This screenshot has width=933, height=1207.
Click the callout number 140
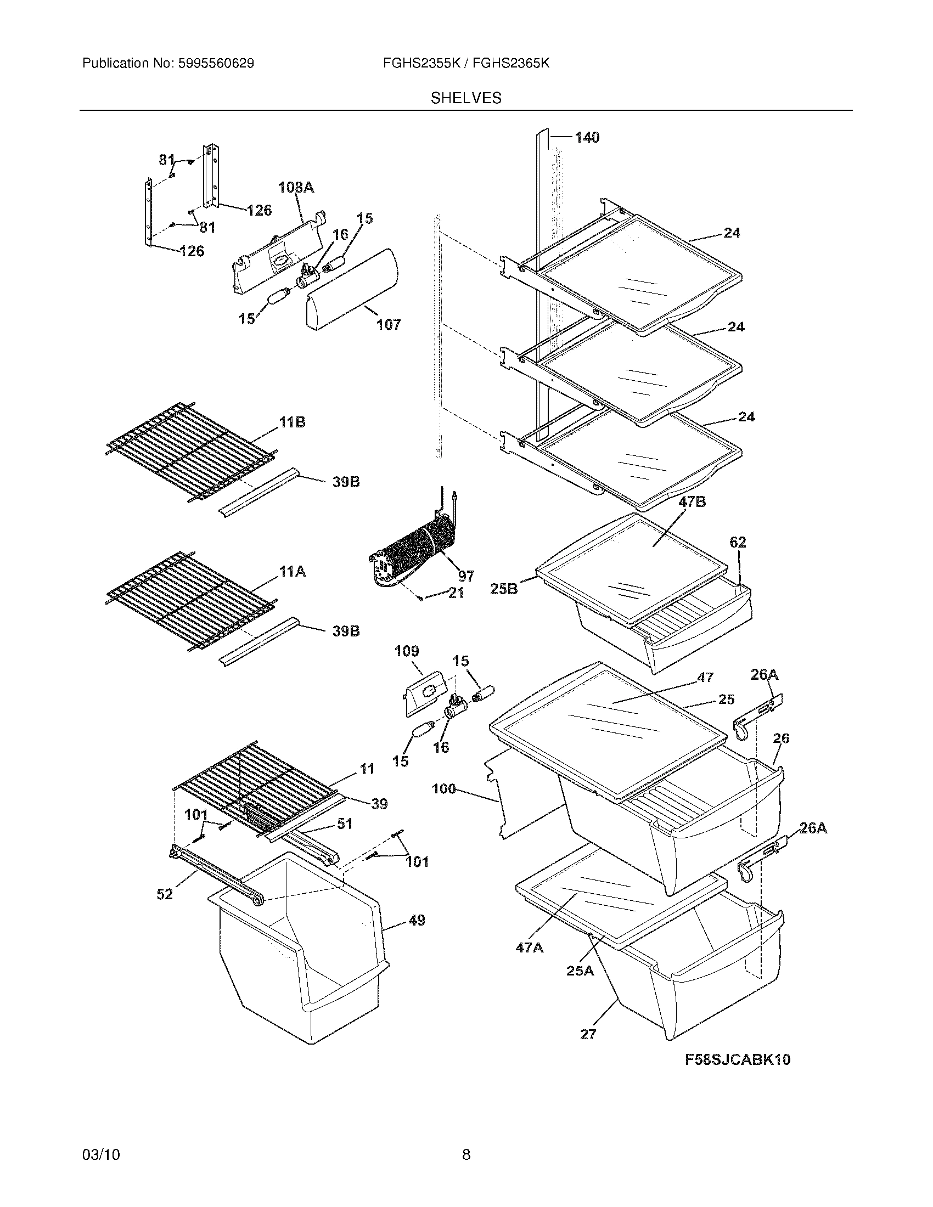pos(587,138)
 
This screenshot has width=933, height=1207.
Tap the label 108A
pos(296,188)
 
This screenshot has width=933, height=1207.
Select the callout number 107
pos(389,325)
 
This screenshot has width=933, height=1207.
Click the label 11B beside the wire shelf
pos(292,423)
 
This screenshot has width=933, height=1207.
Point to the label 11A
pos(292,572)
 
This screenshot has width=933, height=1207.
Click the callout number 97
pos(466,577)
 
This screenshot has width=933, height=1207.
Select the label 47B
pos(692,503)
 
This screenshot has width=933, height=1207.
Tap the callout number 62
pos(737,542)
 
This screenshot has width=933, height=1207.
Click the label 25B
pos(504,589)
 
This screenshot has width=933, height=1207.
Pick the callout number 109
pos(406,651)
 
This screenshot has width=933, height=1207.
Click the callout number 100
pos(444,789)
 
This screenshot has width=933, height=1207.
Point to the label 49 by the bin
pos(417,921)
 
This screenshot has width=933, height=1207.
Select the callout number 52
pos(165,894)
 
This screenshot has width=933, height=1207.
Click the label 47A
pos(530,948)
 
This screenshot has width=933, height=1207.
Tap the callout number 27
pos(588,1034)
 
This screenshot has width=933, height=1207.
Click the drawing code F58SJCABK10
pos(737,1059)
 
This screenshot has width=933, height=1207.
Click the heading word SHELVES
pos(466,98)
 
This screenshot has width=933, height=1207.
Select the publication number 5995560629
pos(216,64)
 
